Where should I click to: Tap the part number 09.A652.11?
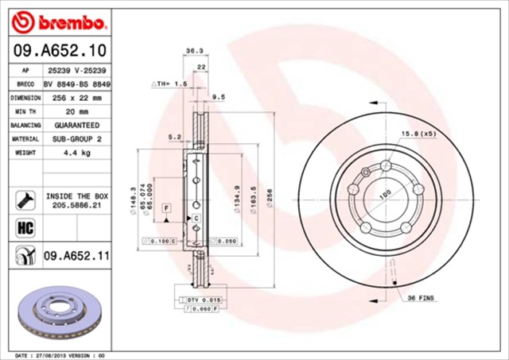coord(76,255)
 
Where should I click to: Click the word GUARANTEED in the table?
coord(76,126)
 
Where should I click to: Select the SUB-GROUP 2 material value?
coord(76,139)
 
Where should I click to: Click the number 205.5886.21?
coord(76,204)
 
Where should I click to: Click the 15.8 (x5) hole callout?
coord(418,133)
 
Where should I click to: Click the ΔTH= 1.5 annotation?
coord(169,83)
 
